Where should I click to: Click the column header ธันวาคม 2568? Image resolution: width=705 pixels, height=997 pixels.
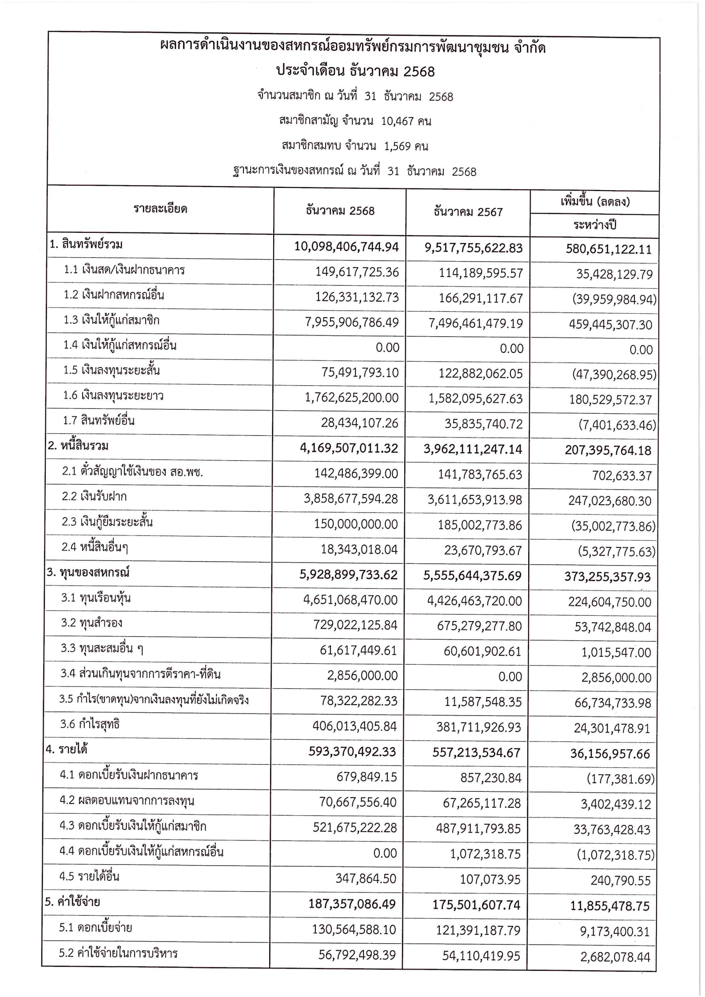340,211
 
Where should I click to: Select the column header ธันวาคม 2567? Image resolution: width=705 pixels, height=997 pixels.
468,212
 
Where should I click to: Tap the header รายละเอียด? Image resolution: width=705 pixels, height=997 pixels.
160,209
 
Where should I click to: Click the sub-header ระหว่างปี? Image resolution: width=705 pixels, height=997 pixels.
594,225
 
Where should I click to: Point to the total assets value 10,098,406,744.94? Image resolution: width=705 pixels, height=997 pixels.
347,247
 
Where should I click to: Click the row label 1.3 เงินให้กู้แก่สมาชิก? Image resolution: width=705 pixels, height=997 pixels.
112,320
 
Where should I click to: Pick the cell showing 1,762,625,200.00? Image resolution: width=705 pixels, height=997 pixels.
351,398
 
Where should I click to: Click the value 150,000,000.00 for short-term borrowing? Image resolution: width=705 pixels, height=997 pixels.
356,524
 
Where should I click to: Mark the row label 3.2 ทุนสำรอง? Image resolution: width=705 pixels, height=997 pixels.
92,623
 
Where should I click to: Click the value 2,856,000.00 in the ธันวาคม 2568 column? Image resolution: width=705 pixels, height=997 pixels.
362,676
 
